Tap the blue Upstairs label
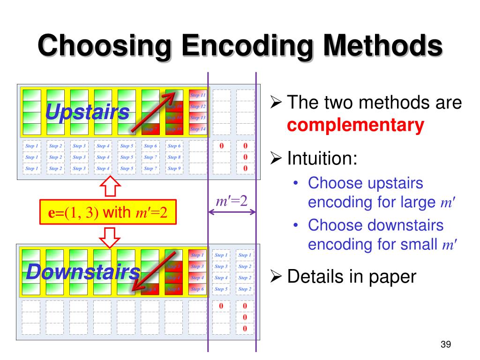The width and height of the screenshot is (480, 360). pos(88,112)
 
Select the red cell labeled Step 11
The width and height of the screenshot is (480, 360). pos(197,95)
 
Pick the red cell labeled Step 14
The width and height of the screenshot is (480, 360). pos(197,129)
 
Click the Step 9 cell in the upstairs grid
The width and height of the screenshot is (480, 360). pos(174,168)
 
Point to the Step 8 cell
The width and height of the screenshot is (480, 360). pos(174,157)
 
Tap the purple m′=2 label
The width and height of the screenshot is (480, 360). pos(231,201)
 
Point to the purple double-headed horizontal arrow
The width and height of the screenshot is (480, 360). pos(232,212)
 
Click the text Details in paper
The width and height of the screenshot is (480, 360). pos(352,277)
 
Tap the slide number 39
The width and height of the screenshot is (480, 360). pos(446,345)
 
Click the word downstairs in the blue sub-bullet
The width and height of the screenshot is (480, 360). pos(406,225)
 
